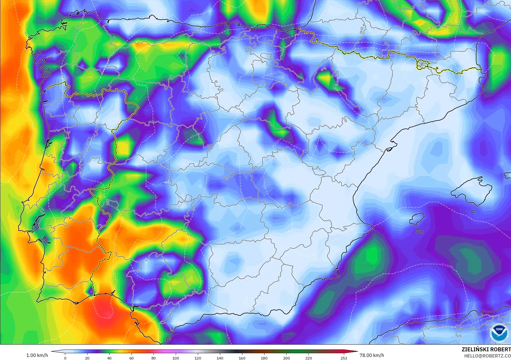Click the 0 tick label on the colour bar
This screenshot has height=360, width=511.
coord(65,358)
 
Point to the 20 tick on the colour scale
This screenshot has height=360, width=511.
coord(87,358)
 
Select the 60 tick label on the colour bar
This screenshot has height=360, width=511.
coord(132,358)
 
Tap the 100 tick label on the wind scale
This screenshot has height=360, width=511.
coord(176,358)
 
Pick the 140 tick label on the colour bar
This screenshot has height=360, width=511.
coord(220,358)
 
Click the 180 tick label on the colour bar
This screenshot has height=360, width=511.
coord(264,358)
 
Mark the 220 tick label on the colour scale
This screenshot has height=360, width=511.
coord(308,358)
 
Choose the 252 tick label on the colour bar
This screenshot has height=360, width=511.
coord(344,358)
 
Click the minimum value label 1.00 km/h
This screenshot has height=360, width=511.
coord(37,355)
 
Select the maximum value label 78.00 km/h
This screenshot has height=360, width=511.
coord(372,355)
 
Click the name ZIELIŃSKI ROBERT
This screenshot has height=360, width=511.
coord(486,349)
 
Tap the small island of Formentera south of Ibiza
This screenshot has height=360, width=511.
coord(419,231)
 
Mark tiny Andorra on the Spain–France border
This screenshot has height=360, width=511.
coord(422,65)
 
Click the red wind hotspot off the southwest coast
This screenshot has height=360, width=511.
coord(105,310)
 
